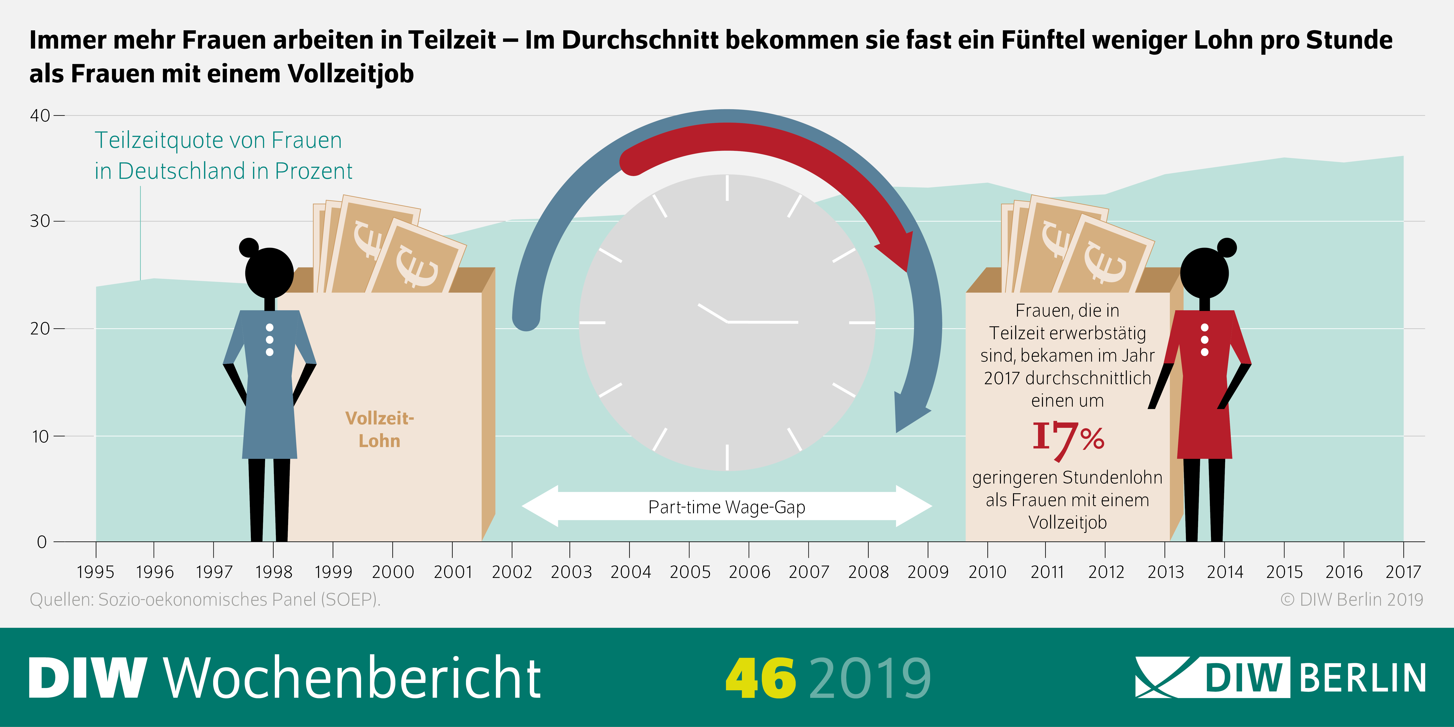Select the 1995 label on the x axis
[x=95, y=572]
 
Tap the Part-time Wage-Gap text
[x=727, y=507]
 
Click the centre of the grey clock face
[x=727, y=322]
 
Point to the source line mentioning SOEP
[x=205, y=600]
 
